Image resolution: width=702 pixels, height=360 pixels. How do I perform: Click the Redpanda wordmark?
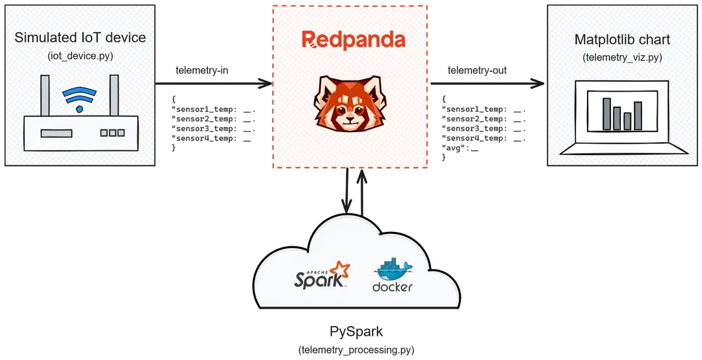(353, 39)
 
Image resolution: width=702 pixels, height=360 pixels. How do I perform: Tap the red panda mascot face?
(350, 103)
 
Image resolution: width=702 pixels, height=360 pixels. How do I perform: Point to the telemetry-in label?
(202, 70)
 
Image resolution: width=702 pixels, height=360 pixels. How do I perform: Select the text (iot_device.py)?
(80, 56)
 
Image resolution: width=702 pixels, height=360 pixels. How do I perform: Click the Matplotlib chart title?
(622, 40)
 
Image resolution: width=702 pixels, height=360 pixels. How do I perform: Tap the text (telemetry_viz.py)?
(622, 57)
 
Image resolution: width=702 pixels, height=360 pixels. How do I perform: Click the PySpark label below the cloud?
(356, 331)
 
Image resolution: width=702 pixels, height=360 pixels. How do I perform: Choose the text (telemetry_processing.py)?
(356, 350)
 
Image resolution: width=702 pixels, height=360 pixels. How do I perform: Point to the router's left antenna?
(45, 95)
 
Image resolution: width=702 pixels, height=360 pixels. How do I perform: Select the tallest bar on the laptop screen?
(606, 113)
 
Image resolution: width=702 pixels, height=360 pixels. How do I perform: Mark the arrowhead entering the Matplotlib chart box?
(538, 83)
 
